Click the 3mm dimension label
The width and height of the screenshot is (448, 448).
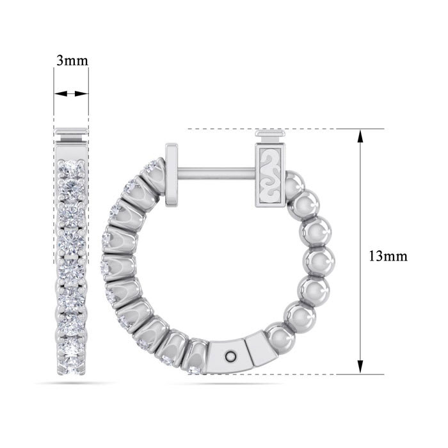click(71, 61)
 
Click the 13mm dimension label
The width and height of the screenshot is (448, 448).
click(388, 256)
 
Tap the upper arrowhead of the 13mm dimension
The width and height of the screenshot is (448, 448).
click(362, 135)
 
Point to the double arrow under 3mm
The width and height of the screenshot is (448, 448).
click(71, 93)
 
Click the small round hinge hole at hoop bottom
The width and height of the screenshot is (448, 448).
click(231, 354)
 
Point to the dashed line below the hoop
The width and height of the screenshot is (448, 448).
click(288, 372)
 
